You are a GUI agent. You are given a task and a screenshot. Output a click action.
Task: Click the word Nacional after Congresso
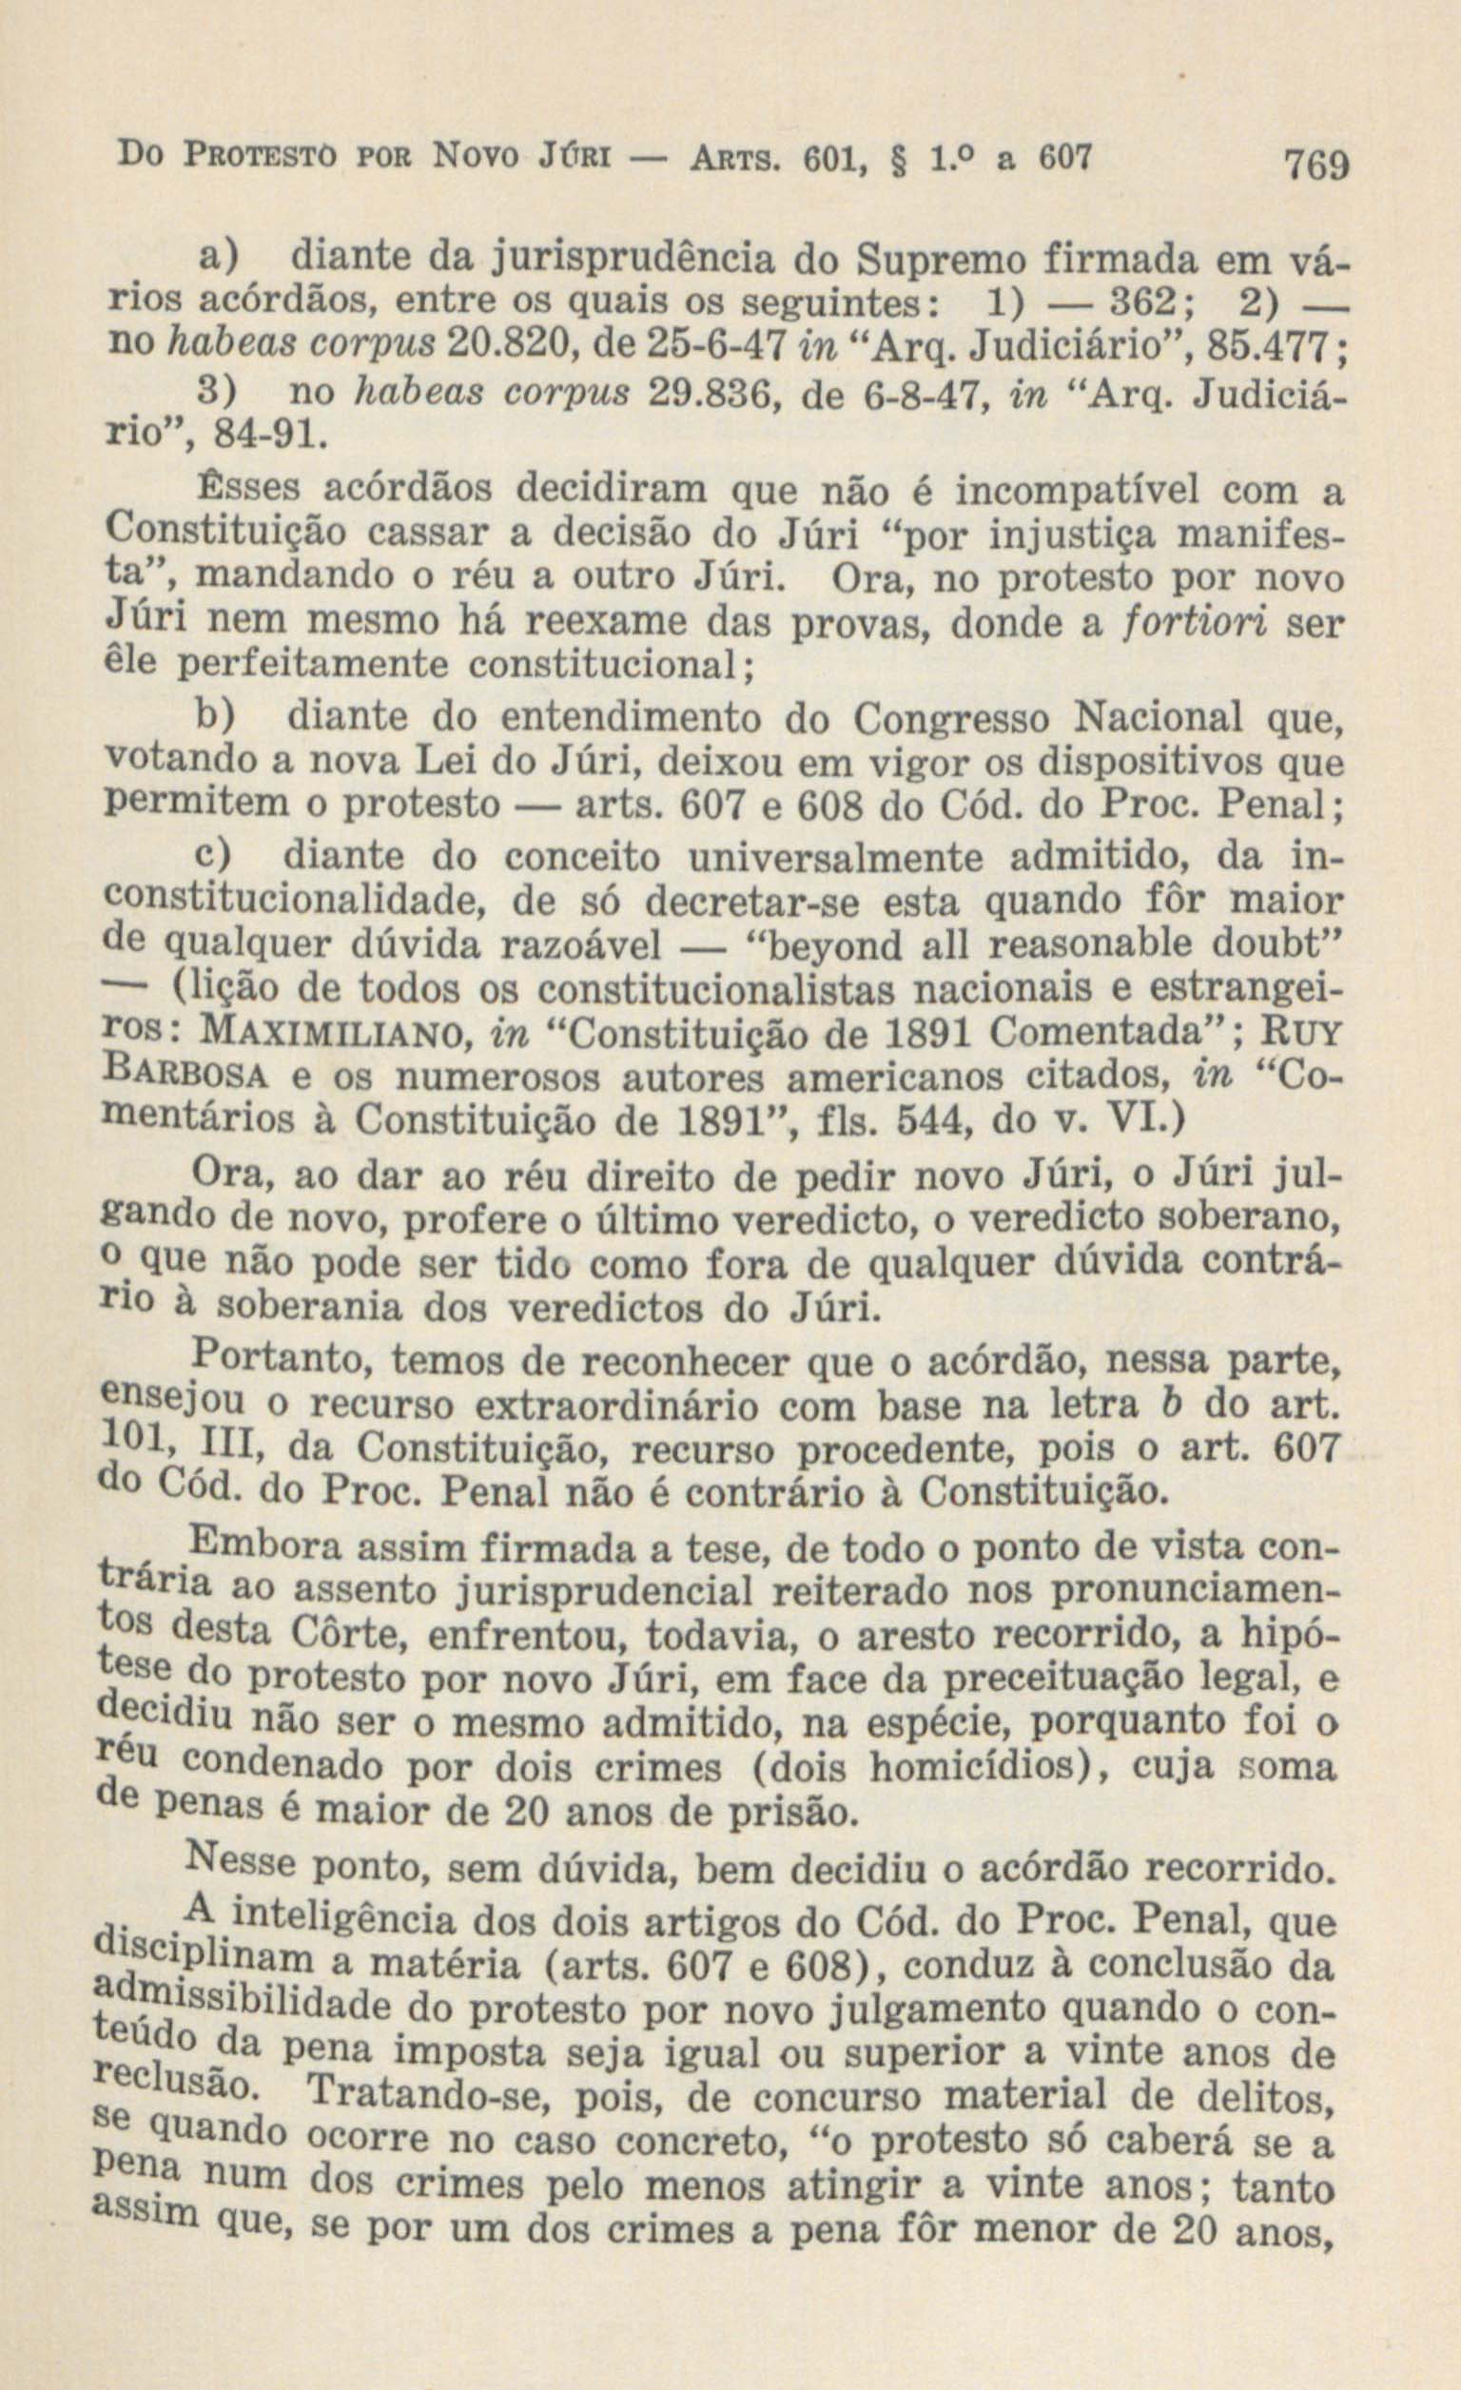tap(1158, 719)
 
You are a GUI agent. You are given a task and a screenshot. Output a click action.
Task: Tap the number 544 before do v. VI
tap(925, 1122)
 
